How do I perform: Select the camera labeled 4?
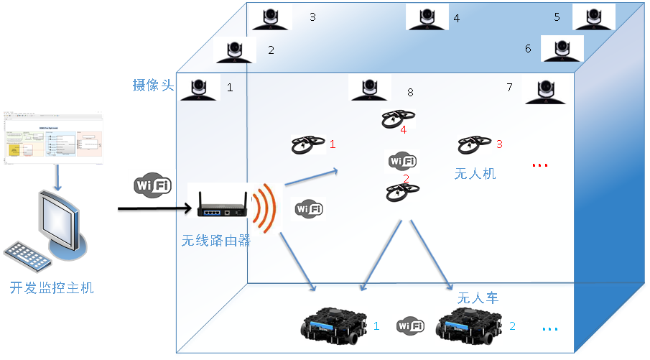pyautogui.click(x=427, y=17)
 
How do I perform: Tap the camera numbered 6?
pyautogui.click(x=562, y=48)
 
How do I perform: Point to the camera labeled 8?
pyautogui.click(x=370, y=88)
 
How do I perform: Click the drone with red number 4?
pyautogui.click(x=397, y=119)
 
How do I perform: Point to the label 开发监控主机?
pyautogui.click(x=52, y=289)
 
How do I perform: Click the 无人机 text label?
pyautogui.click(x=475, y=173)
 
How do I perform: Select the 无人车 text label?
pyautogui.click(x=478, y=297)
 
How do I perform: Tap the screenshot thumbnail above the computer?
pyautogui.click(x=54, y=137)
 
